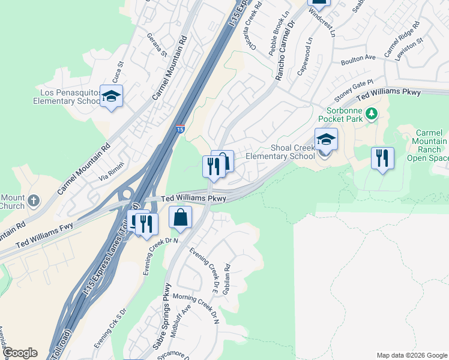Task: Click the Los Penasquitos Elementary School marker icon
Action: coord(111,97)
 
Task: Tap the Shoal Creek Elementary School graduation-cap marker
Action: coord(326,140)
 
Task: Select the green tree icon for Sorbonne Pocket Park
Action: coord(372,113)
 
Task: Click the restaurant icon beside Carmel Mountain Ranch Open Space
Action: coord(382,158)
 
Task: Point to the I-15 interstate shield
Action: coord(180,128)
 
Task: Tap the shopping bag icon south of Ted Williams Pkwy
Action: coord(180,218)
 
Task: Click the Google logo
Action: coord(20,353)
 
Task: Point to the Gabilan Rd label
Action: coord(226,280)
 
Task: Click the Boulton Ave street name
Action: coord(358,58)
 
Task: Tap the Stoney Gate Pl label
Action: coord(354,93)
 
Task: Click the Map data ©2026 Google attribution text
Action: coord(412,355)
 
